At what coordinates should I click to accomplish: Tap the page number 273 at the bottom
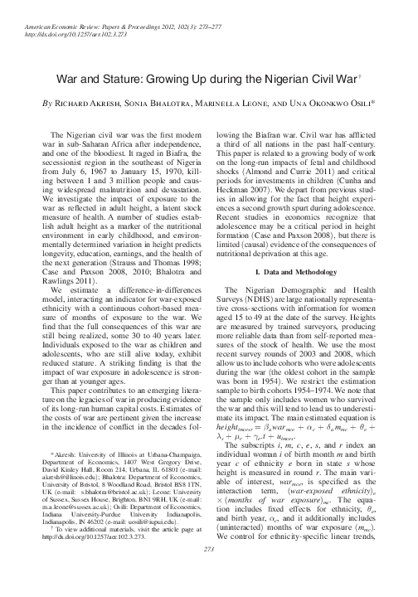click(x=209, y=573)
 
